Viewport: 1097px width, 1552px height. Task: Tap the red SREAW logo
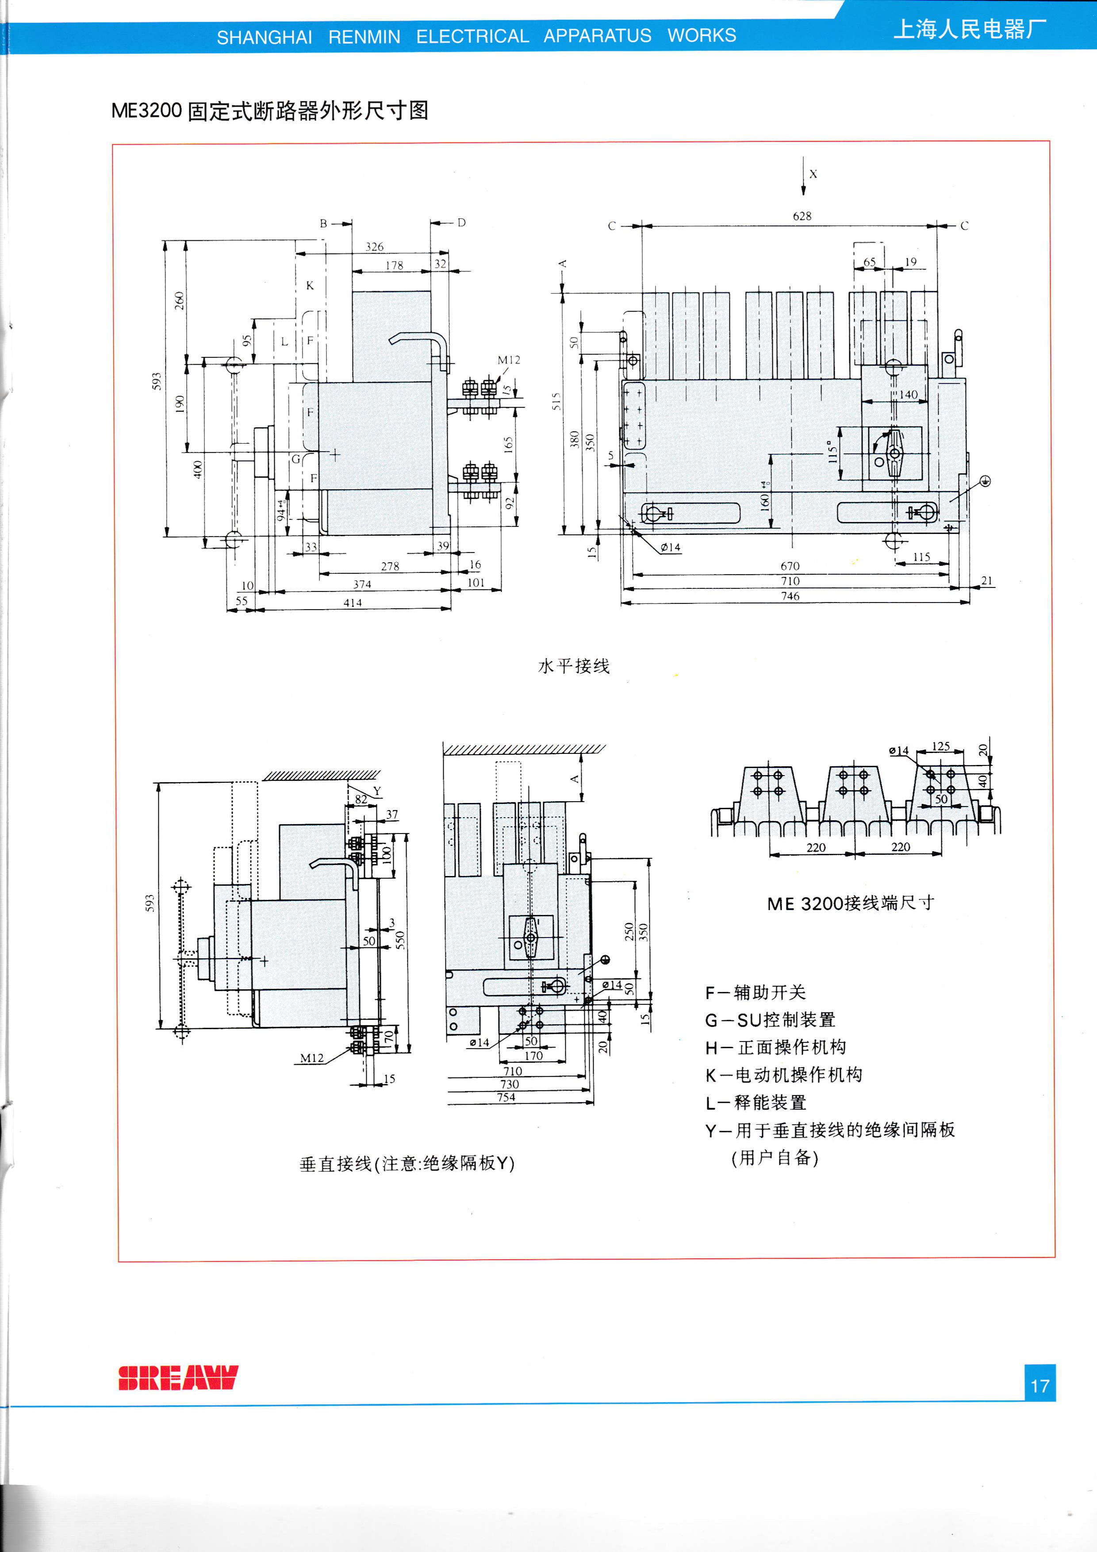178,1377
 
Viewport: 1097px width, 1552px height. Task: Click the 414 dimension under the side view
352,602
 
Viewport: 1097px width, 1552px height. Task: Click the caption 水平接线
573,666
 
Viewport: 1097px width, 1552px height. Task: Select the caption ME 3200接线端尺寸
850,903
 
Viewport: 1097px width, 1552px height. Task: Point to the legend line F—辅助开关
755,992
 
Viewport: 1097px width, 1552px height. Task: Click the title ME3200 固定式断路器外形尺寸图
270,110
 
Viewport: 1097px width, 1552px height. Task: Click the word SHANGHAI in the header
264,37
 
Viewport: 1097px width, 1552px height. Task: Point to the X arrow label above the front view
813,174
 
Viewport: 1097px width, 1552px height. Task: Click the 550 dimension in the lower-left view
400,940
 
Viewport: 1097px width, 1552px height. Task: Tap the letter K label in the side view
310,285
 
